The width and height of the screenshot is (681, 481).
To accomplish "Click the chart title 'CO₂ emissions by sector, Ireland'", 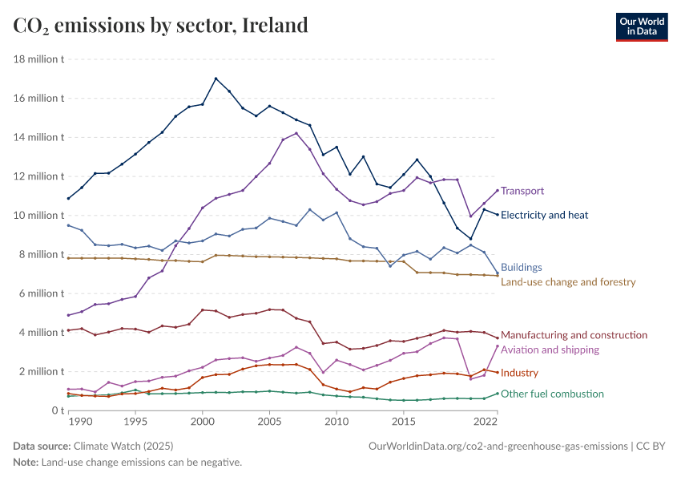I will tap(160, 26).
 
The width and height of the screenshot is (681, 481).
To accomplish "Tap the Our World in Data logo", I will tap(642, 26).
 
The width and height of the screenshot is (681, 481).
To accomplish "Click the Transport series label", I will tap(522, 191).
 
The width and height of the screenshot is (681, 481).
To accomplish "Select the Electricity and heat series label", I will tap(544, 215).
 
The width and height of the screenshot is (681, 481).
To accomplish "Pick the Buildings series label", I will tap(521, 268).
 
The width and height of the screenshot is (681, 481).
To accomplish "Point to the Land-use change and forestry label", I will tap(567, 282).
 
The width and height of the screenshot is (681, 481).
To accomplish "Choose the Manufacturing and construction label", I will tap(574, 335).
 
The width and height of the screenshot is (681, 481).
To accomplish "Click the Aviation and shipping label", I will tap(550, 350).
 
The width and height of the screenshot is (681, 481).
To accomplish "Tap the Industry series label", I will tap(519, 374).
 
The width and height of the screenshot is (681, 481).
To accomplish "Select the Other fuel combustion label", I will tap(552, 394).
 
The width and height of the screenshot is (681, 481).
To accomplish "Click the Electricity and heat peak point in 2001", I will tap(216, 79).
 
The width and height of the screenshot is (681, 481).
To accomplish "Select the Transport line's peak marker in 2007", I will tap(296, 133).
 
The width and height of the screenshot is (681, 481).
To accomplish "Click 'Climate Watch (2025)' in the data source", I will tap(123, 446).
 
